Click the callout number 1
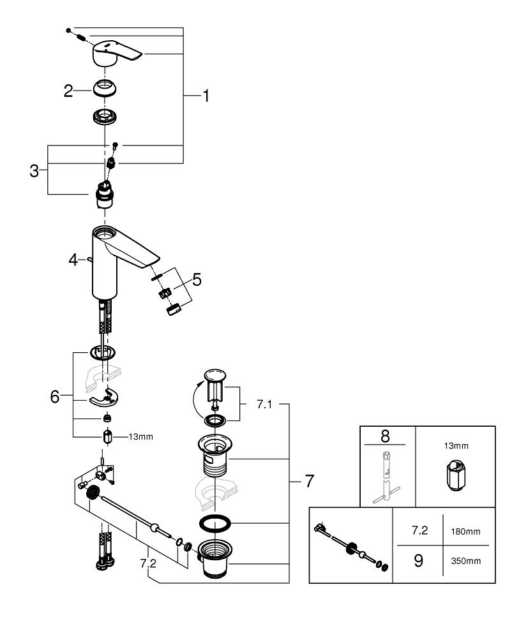coord(206,96)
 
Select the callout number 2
coord(68,91)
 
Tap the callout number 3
coord(34,170)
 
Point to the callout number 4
coord(73,260)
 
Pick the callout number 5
coord(197,279)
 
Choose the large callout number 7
coord(309,480)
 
